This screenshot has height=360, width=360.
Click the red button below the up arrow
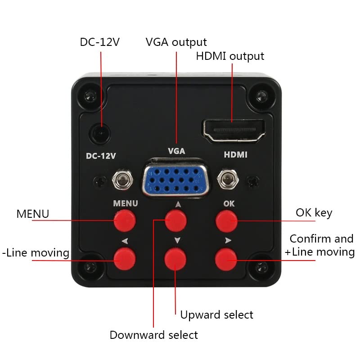coord(175,220)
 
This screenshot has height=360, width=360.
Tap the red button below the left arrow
coord(124,259)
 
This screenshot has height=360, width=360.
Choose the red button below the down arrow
coord(175,259)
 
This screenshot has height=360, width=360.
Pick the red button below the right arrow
coord(226,259)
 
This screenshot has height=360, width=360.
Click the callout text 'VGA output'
coord(176,42)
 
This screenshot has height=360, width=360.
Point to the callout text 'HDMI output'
coord(229,56)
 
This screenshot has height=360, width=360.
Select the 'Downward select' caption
coord(153,335)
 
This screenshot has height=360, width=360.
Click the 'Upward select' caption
coord(216,315)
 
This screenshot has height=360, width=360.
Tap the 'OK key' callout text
coord(314,212)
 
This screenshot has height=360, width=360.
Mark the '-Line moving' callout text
coord(36,253)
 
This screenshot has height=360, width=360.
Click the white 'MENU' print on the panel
coord(125,203)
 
